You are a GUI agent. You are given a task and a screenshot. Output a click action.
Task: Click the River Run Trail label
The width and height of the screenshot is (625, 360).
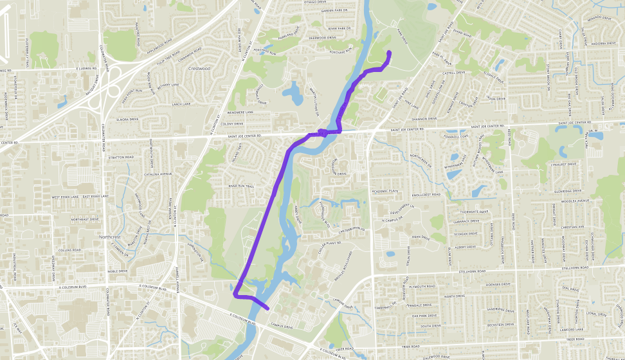tap(241, 186)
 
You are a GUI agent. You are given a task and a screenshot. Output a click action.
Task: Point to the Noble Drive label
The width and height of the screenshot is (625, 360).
tap(117, 271)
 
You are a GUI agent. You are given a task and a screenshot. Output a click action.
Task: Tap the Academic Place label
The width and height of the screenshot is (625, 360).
tap(385, 191)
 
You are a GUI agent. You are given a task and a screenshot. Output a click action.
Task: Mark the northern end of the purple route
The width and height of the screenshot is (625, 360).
tap(390, 51)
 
